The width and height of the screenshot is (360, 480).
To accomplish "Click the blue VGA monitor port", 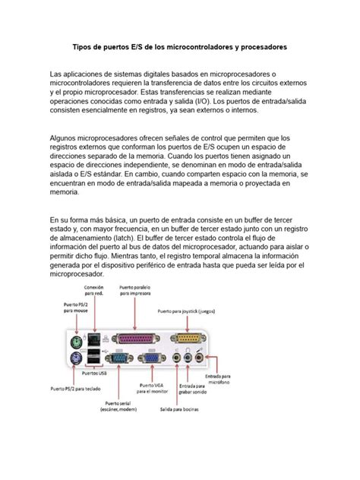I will coord(151,361).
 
